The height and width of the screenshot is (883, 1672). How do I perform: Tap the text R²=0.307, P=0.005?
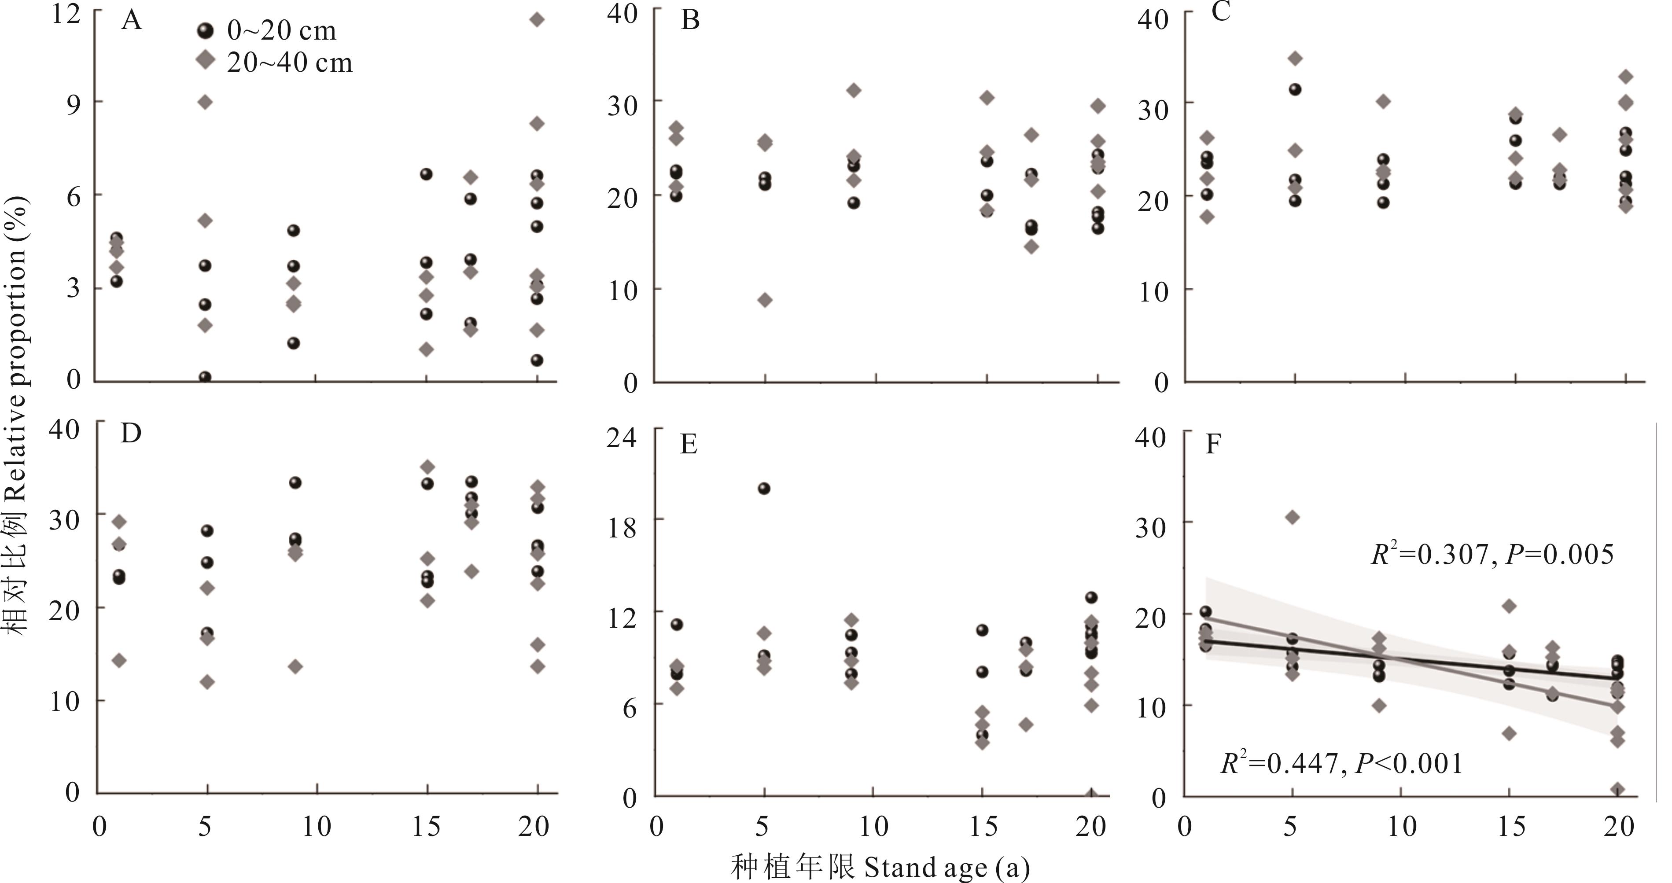1492,555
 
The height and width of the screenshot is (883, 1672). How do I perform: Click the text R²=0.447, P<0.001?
1342,764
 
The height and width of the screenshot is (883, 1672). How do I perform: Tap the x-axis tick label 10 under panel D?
316,827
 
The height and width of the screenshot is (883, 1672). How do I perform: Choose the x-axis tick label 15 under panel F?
1511,827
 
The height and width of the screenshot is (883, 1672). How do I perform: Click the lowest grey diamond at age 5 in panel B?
765,300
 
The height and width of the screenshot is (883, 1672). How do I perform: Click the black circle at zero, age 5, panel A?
205,377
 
